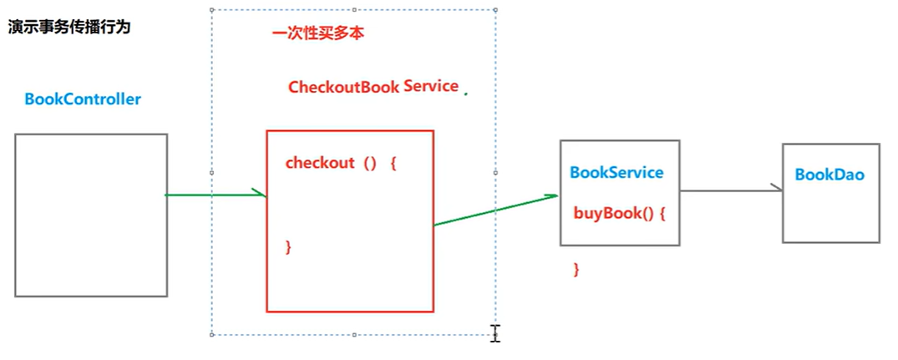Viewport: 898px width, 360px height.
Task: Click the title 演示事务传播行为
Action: (x=69, y=28)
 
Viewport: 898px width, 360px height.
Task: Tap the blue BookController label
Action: (x=83, y=99)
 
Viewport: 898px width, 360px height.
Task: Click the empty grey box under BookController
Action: (x=91, y=215)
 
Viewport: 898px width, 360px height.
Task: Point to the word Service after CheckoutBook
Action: (x=431, y=86)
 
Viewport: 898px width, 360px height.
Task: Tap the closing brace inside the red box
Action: (x=288, y=246)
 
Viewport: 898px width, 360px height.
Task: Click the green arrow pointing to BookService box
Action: (x=496, y=210)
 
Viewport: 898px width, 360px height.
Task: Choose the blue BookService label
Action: (x=616, y=173)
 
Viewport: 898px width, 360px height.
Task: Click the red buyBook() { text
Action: (x=619, y=212)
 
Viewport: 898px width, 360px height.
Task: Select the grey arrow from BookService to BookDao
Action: (x=731, y=190)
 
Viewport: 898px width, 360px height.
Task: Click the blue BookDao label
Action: (x=829, y=175)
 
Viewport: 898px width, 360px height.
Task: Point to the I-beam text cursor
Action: (x=495, y=333)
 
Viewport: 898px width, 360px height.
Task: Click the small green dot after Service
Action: (x=465, y=94)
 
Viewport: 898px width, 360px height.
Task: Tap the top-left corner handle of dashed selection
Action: (x=212, y=11)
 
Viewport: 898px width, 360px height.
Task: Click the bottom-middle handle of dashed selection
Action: (x=354, y=334)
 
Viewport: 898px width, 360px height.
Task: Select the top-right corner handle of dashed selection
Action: (x=496, y=11)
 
